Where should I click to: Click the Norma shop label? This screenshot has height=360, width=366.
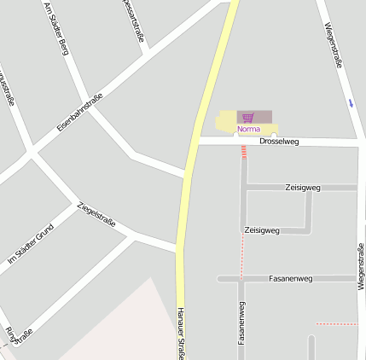click(x=248, y=129)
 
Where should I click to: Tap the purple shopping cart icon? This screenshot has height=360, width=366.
click(x=247, y=117)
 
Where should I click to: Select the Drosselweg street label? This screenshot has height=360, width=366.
click(x=278, y=142)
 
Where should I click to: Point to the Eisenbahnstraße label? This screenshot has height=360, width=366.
click(x=79, y=111)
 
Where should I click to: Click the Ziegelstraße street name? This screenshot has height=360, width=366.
click(x=96, y=217)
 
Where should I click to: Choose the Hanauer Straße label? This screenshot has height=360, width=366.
click(x=181, y=333)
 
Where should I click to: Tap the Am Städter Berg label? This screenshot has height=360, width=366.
click(x=55, y=29)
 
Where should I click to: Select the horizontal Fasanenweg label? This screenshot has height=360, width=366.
click(x=290, y=278)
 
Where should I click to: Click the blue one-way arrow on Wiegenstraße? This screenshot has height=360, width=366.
click(x=350, y=103)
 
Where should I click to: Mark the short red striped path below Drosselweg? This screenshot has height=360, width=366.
click(x=244, y=153)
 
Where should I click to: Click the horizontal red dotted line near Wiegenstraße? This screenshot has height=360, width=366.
click(x=336, y=324)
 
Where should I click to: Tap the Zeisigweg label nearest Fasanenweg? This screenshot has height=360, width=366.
click(x=261, y=230)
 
